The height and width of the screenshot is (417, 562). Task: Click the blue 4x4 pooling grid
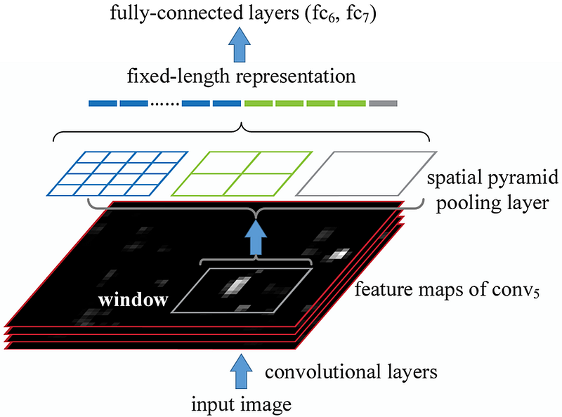(x=117, y=174)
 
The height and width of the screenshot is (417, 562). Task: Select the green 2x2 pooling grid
(x=242, y=174)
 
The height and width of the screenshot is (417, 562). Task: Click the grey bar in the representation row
(x=383, y=103)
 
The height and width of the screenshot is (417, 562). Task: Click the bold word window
(x=133, y=300)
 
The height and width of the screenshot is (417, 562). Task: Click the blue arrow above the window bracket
(x=256, y=237)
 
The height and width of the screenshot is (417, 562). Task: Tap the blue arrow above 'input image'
(x=241, y=371)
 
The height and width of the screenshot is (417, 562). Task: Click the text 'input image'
(x=241, y=404)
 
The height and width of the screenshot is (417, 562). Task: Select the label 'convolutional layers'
(x=351, y=372)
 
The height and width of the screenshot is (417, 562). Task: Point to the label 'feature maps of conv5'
(x=447, y=289)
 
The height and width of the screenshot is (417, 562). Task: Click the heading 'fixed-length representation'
(x=241, y=77)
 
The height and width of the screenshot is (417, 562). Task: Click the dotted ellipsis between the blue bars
(x=165, y=104)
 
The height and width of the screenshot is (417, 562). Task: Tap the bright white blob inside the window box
(x=235, y=286)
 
